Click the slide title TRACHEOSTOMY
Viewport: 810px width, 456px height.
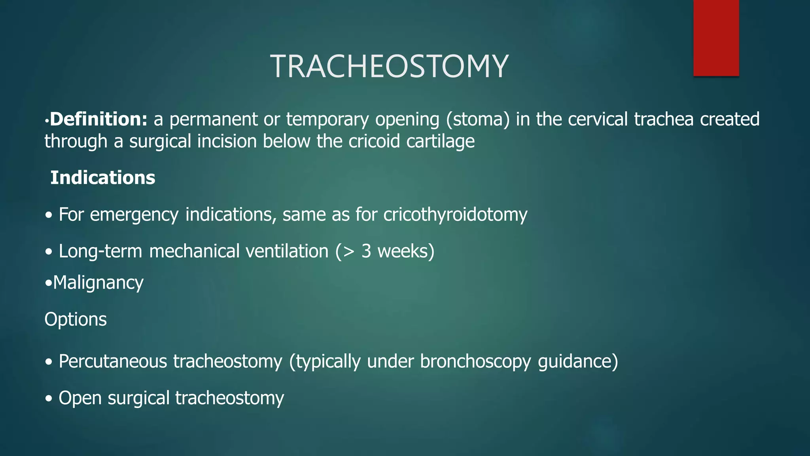(389, 66)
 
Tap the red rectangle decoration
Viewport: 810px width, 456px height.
(716, 38)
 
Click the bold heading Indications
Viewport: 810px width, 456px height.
(102, 177)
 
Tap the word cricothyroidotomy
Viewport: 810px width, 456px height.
(455, 215)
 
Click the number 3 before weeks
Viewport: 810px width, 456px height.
(366, 251)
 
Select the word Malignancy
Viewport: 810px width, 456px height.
(98, 283)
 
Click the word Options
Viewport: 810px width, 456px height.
(76, 319)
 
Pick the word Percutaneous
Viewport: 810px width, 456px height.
(113, 361)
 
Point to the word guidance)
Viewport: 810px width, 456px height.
(578, 361)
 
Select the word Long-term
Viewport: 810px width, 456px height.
(100, 251)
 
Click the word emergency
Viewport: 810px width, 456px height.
(134, 215)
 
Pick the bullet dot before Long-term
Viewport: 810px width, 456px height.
(49, 252)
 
